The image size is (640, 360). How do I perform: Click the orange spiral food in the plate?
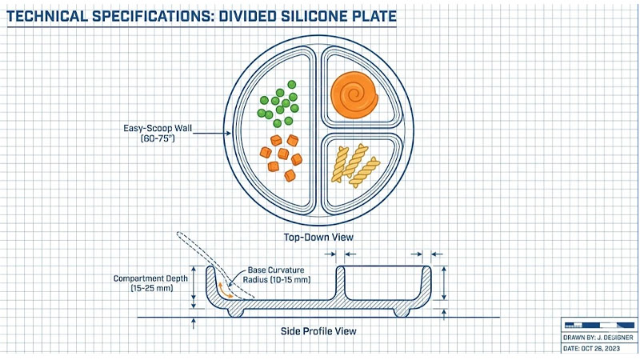pyautogui.click(x=357, y=94)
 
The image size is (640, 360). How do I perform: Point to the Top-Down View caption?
pyautogui.click(x=319, y=237)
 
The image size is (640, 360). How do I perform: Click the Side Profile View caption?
pyautogui.click(x=318, y=330)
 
